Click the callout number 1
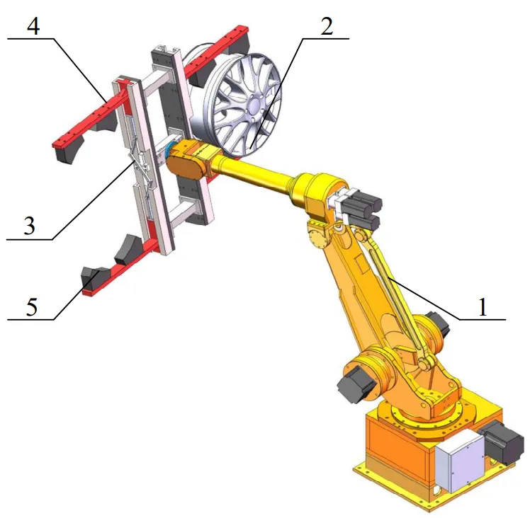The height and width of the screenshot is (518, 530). click(483, 306)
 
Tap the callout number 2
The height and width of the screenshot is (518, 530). click(327, 26)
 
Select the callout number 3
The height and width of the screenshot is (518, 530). click(30, 226)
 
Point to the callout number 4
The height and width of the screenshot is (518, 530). click(33, 25)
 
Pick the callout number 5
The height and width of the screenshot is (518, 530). click(31, 306)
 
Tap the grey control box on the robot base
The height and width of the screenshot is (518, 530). click(460, 461)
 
